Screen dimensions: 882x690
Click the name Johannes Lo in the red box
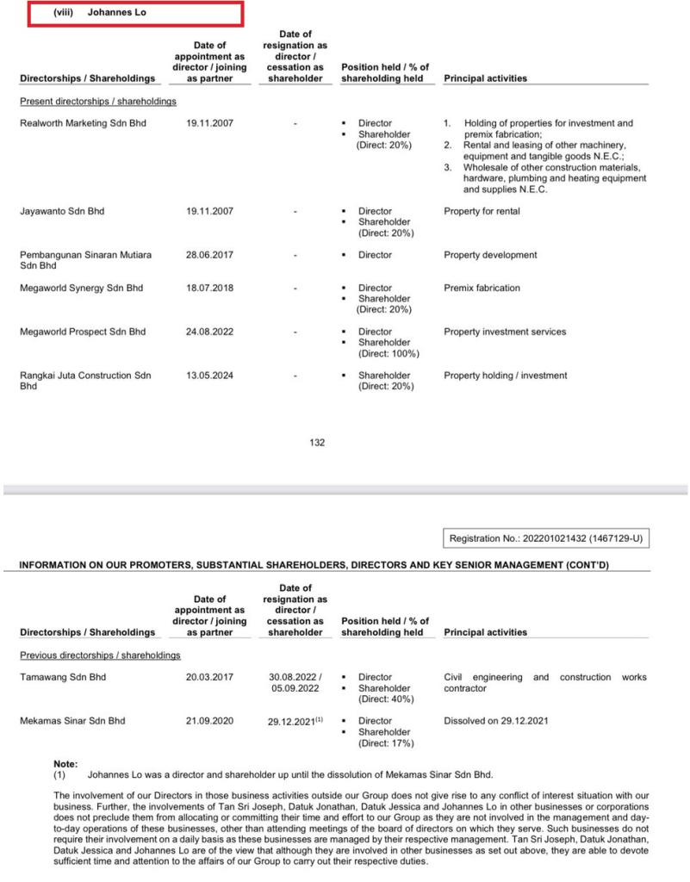click(116, 13)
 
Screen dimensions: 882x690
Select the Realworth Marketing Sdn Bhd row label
click(83, 123)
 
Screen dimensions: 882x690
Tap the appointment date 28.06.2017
click(209, 255)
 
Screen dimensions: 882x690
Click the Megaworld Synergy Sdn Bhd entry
click(81, 288)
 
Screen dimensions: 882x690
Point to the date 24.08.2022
click(209, 332)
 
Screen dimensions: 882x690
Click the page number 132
click(317, 443)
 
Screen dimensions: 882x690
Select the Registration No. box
click(546, 538)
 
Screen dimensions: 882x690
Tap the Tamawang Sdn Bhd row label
click(63, 677)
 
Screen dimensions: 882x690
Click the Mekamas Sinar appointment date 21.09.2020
click(209, 721)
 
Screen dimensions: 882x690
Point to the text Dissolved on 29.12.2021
click(495, 721)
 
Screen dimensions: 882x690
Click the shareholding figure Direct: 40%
click(384, 699)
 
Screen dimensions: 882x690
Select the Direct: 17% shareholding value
click(384, 742)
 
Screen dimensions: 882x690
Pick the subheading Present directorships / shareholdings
click(98, 102)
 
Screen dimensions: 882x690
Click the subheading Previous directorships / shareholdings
click(100, 655)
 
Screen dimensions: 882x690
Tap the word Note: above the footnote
click(65, 764)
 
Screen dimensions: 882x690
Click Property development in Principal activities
click(490, 255)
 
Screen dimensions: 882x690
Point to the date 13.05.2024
click(209, 376)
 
